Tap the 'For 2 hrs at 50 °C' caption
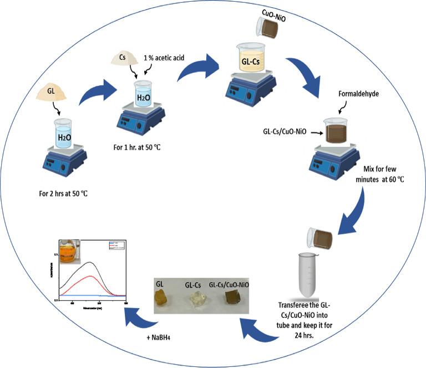point(61,193)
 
